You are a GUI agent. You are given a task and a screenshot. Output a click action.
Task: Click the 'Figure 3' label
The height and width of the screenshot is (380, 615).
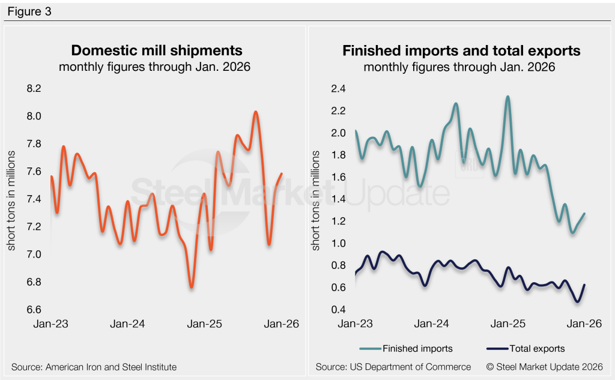[30, 11]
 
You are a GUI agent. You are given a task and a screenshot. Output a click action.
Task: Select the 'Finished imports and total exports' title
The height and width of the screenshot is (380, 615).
[461, 50]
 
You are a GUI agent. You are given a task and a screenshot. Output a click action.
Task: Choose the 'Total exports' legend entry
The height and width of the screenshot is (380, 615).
[536, 348]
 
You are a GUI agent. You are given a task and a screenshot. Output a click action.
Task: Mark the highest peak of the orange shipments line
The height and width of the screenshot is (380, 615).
[256, 112]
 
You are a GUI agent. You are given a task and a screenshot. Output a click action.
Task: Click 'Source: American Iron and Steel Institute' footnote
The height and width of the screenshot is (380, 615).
[94, 367]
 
